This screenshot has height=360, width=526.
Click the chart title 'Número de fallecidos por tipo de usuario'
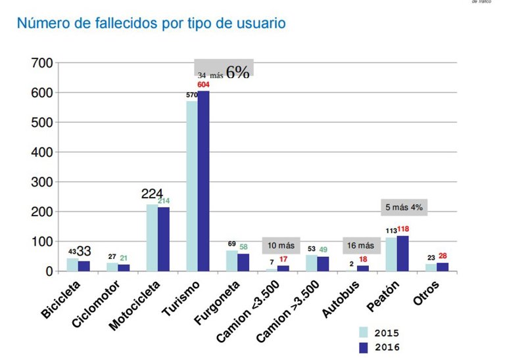click(151, 24)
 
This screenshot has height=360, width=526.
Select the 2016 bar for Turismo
click(204, 181)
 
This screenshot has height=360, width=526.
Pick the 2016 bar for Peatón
click(403, 253)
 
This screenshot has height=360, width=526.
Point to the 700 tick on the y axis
click(39, 63)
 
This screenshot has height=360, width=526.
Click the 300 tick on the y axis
click(39, 182)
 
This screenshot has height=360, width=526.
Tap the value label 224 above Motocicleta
click(152, 194)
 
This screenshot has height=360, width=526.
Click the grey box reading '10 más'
click(281, 245)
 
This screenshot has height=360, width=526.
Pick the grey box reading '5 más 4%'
click(403, 207)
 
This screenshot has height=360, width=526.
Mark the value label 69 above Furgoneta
click(231, 244)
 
